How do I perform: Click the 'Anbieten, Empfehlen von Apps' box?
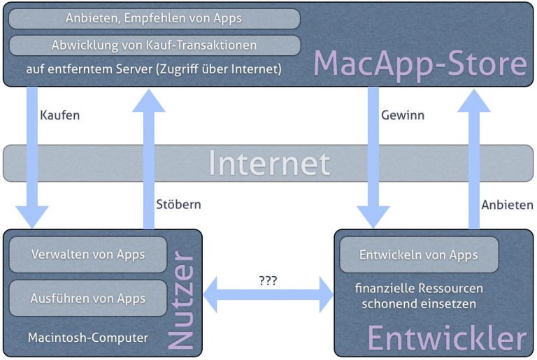tap(155, 18)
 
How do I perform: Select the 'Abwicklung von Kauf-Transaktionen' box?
tap(155, 45)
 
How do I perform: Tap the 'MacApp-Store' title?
tap(420, 64)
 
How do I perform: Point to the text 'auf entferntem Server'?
tap(89, 69)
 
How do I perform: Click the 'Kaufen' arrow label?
tap(60, 115)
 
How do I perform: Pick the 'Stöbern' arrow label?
tap(178, 204)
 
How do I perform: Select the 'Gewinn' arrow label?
tap(403, 115)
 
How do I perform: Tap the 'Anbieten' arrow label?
tap(507, 205)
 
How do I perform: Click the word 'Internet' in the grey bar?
tap(269, 164)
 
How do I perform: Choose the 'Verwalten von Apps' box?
tap(88, 254)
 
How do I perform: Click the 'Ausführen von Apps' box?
tap(88, 298)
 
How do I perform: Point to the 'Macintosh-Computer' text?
tap(88, 338)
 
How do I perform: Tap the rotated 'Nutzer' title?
tap(182, 300)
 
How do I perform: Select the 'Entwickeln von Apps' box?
tap(419, 254)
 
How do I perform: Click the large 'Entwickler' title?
tap(447, 338)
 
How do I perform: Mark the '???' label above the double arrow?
tap(268, 281)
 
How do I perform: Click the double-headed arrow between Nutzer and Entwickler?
tap(268, 295)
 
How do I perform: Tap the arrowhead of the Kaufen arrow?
tap(32, 217)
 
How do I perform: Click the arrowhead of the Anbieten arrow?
tap(474, 101)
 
